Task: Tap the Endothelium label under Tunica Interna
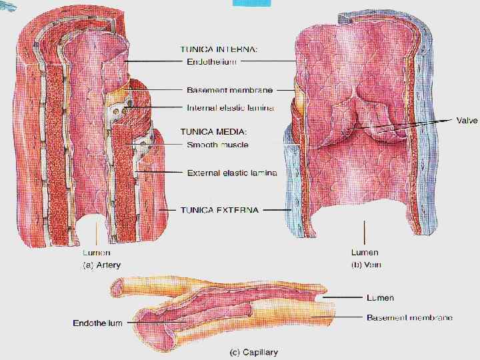pyautogui.click(x=210, y=61)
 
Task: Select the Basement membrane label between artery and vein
pyautogui.click(x=230, y=89)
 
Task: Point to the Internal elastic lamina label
pyautogui.click(x=231, y=107)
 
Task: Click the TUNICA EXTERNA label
pyautogui.click(x=219, y=209)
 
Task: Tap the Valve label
pyautogui.click(x=467, y=121)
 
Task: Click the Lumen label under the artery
pyautogui.click(x=97, y=253)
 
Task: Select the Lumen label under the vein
pyautogui.click(x=365, y=253)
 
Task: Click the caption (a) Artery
pyautogui.click(x=101, y=265)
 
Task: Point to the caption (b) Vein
pyautogui.click(x=366, y=265)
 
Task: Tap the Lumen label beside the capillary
pyautogui.click(x=381, y=297)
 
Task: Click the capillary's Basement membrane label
pyautogui.click(x=409, y=317)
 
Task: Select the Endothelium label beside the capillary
pyautogui.click(x=97, y=323)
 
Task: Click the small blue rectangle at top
pyautogui.click(x=251, y=3)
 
